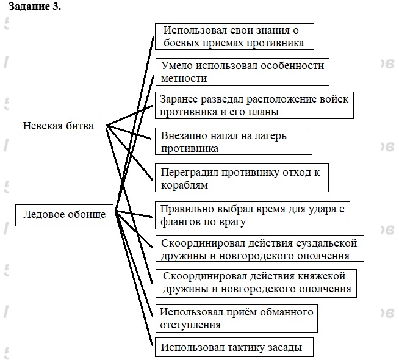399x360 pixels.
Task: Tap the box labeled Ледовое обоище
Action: pos(64,214)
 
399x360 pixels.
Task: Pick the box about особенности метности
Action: pos(242,71)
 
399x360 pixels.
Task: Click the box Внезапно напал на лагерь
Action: pos(234,142)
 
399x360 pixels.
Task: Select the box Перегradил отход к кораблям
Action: pos(241,178)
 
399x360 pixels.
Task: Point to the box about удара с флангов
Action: pos(253,215)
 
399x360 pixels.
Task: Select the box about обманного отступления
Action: pos(237,319)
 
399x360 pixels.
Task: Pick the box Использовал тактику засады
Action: pos(234,348)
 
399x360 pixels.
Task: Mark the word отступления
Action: pos(190,325)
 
